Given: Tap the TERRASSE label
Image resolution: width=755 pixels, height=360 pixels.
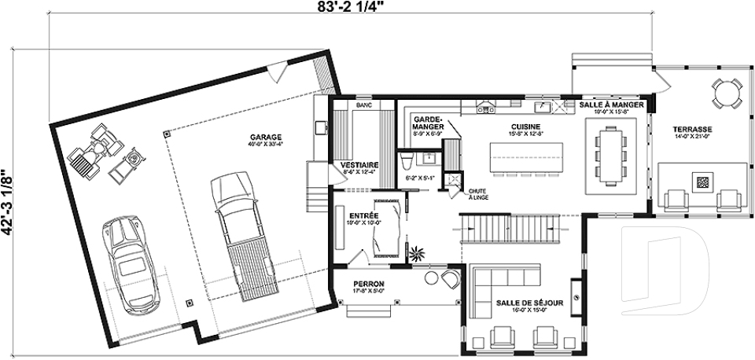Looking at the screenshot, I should pyautogui.click(x=692, y=128).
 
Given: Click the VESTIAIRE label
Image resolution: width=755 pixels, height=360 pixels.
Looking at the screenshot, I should pyautogui.click(x=359, y=164).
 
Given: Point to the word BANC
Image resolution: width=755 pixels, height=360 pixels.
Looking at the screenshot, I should pyautogui.click(x=363, y=105).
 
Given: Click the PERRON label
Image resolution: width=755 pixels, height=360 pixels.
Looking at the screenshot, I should pyautogui.click(x=368, y=284).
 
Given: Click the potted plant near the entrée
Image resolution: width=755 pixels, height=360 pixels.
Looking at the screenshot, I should pyautogui.click(x=415, y=252).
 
